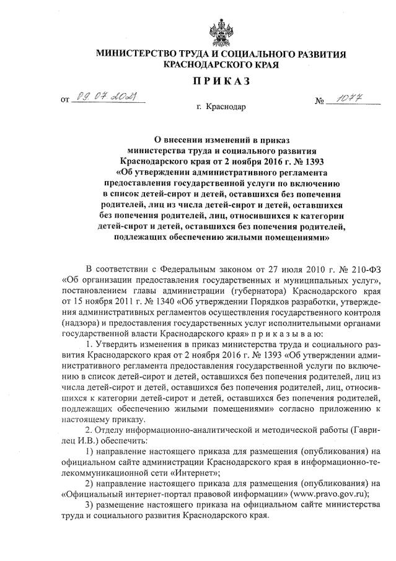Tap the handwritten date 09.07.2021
[105, 95]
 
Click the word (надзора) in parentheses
[82, 324]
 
